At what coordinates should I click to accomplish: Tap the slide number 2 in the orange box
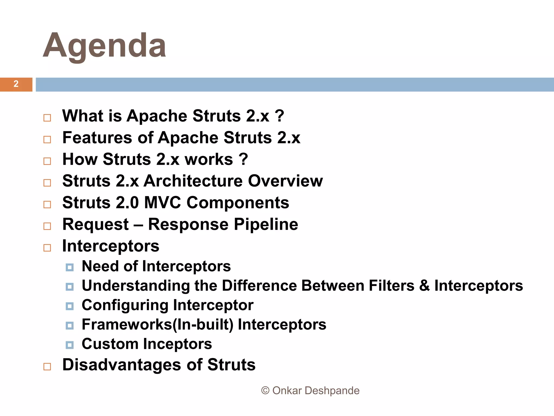tap(16, 84)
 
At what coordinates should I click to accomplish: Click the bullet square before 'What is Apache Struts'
tap(47, 118)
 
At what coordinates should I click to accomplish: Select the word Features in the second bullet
tap(97, 138)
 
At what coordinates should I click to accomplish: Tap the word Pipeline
tap(266, 225)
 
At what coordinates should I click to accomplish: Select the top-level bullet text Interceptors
tap(111, 246)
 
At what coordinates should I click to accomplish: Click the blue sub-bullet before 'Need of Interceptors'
tap(70, 268)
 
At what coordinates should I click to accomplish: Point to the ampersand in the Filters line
tap(424, 286)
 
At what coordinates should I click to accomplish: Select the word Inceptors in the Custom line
tap(177, 344)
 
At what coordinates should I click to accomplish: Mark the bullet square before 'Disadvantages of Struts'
tap(47, 367)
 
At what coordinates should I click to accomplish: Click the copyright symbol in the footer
tap(265, 391)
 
